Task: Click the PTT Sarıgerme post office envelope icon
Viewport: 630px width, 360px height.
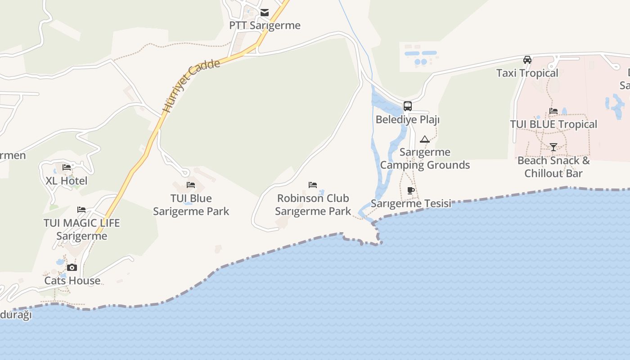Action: click(x=265, y=13)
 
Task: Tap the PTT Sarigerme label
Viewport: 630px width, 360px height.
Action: click(x=265, y=25)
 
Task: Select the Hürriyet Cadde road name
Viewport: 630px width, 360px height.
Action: click(x=191, y=85)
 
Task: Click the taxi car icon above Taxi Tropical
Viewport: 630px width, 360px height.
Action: click(x=527, y=60)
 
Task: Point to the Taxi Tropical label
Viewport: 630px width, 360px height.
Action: click(x=527, y=73)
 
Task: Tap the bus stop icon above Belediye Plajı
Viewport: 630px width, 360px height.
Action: click(x=408, y=106)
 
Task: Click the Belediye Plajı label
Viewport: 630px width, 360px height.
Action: click(x=408, y=120)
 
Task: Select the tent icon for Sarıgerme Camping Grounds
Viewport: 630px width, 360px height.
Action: click(x=425, y=139)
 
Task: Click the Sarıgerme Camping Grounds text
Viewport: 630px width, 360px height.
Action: click(x=425, y=158)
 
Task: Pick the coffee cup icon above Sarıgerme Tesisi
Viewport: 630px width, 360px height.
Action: click(x=411, y=190)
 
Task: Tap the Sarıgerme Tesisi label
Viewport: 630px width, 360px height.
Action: click(x=411, y=203)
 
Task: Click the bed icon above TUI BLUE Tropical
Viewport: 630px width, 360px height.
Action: click(x=553, y=111)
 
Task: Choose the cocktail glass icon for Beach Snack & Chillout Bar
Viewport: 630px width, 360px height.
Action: click(x=553, y=147)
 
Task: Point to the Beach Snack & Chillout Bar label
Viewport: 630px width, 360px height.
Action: click(x=553, y=167)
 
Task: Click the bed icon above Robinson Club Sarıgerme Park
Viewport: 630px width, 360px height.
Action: click(x=313, y=185)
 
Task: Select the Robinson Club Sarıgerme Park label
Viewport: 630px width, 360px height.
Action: click(x=313, y=205)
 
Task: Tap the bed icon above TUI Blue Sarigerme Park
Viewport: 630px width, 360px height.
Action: click(x=191, y=185)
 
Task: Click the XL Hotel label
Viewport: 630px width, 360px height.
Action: click(x=67, y=181)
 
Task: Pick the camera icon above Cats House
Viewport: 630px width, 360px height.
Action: click(x=72, y=268)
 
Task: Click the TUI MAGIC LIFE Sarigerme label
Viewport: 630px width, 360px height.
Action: click(x=82, y=229)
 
